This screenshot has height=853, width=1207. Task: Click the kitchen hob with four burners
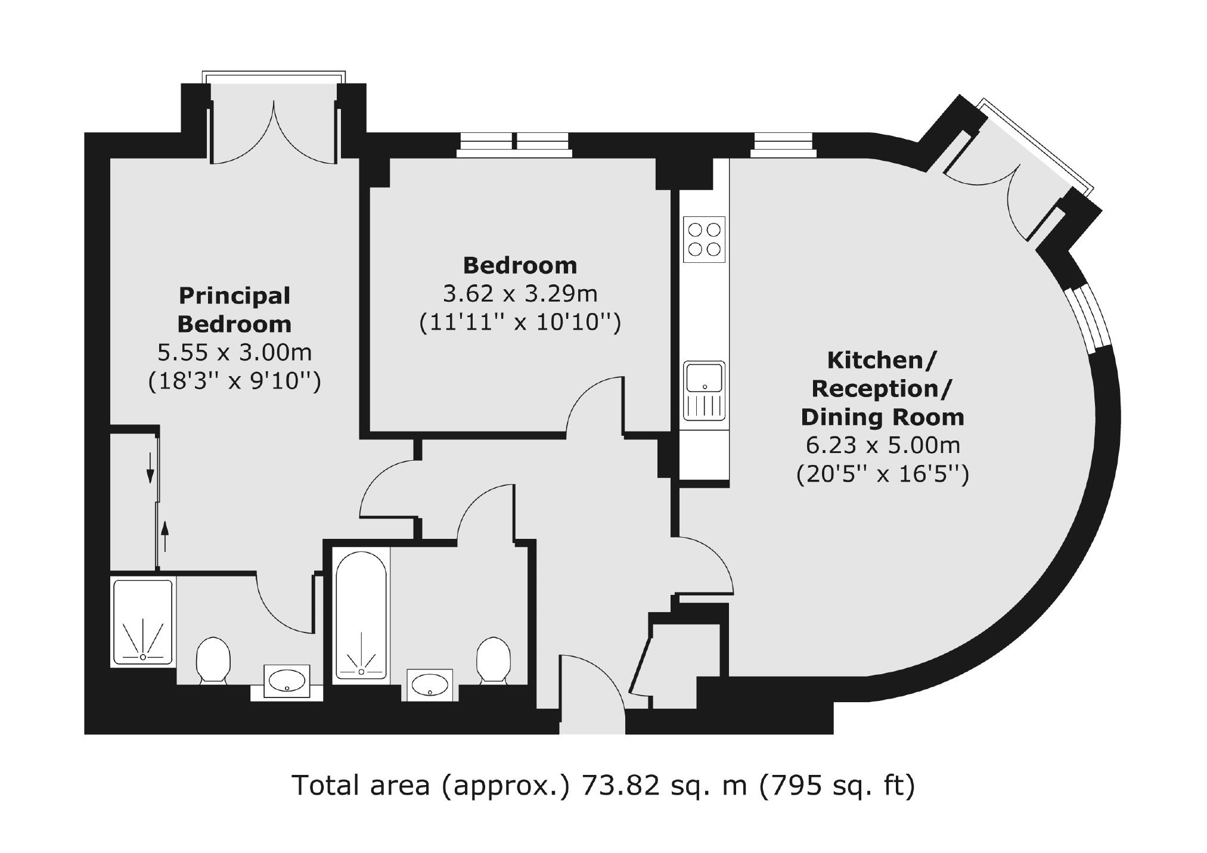pyautogui.click(x=704, y=239)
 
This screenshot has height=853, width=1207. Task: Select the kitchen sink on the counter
pyautogui.click(x=705, y=390)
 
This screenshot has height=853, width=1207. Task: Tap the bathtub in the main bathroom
pyautogui.click(x=361, y=615)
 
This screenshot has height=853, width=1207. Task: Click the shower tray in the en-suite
pyautogui.click(x=143, y=621)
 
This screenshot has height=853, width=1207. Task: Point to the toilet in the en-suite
pyautogui.click(x=213, y=660)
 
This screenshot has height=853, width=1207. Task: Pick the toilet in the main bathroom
pyautogui.click(x=493, y=660)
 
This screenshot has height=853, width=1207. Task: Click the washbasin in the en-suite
pyautogui.click(x=287, y=681)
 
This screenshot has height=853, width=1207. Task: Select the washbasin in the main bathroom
pyautogui.click(x=430, y=684)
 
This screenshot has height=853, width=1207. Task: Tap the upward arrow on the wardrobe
pyautogui.click(x=165, y=536)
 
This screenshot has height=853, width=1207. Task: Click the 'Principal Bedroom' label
pyautogui.click(x=235, y=310)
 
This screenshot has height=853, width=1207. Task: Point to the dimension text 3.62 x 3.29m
pyautogui.click(x=520, y=293)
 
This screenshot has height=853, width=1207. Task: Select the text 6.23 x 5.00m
pyautogui.click(x=883, y=445)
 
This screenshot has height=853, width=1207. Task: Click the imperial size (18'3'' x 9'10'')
pyautogui.click(x=235, y=381)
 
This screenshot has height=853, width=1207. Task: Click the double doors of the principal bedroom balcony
pyautogui.click(x=274, y=131)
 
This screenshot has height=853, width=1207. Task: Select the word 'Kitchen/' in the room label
pyautogui.click(x=882, y=361)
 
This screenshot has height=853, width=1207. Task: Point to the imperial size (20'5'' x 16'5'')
pyautogui.click(x=883, y=474)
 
